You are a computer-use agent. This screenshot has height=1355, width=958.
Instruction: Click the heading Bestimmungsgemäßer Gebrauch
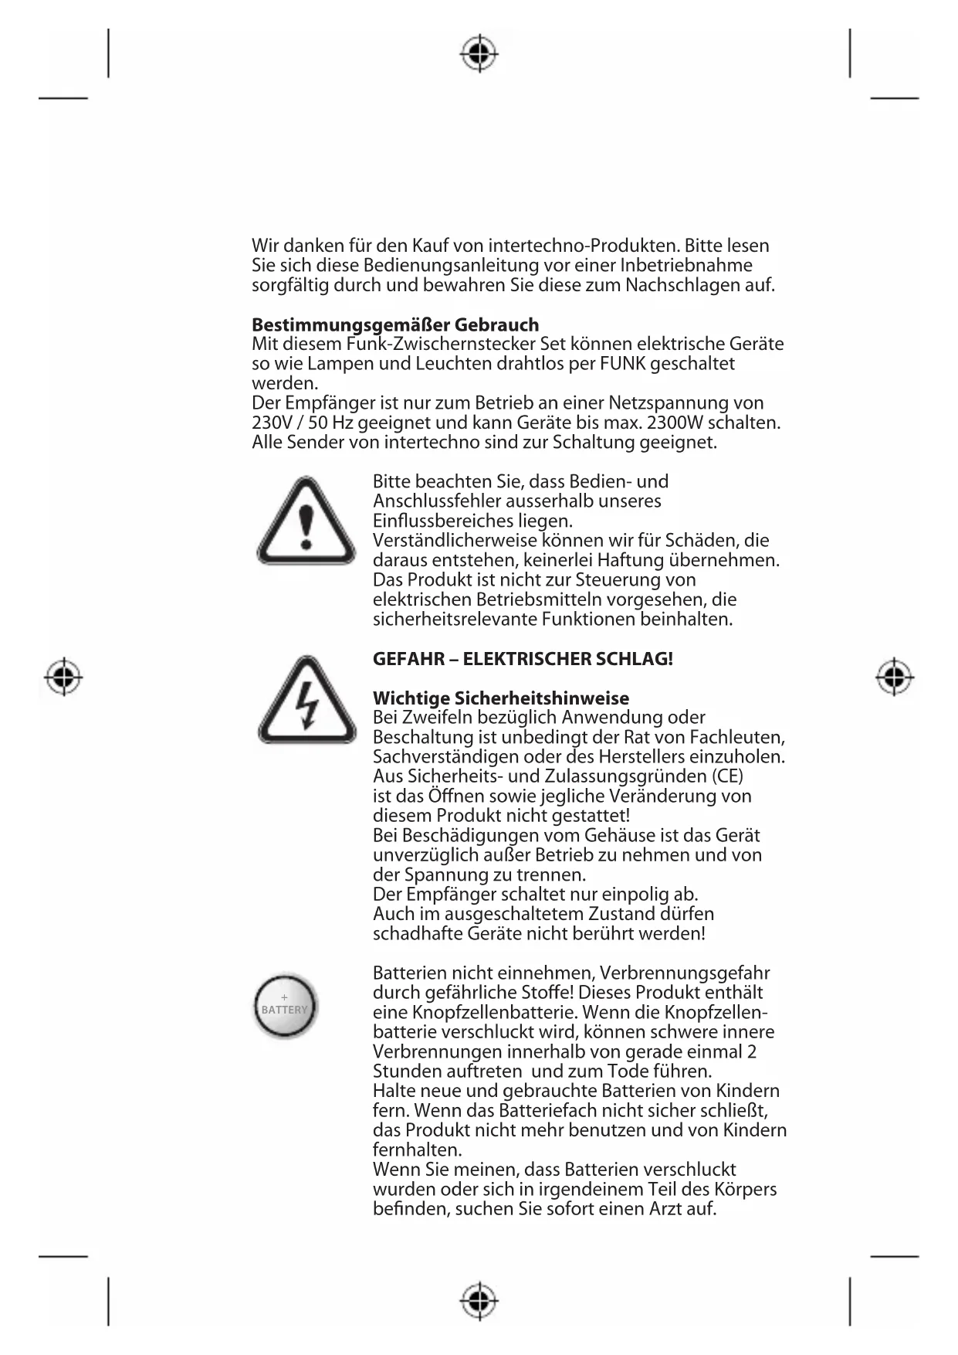[395, 324]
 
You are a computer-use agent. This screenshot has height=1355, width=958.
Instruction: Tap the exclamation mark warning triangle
[306, 520]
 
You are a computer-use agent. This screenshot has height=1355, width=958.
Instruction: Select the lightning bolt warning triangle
[306, 700]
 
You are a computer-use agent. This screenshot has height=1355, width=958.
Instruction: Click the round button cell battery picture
[285, 1006]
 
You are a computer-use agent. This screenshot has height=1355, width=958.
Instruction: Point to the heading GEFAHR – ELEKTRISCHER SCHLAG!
[523, 659]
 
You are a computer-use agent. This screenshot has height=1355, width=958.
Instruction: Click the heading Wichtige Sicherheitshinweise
[500, 698]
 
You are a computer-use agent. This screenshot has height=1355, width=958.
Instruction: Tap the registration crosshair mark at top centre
[479, 54]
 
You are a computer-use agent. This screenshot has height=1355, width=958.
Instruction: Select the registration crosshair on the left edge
[63, 677]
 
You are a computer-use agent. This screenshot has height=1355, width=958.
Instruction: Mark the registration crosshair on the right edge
[895, 677]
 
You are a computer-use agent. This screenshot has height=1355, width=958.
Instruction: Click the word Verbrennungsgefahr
[684, 973]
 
